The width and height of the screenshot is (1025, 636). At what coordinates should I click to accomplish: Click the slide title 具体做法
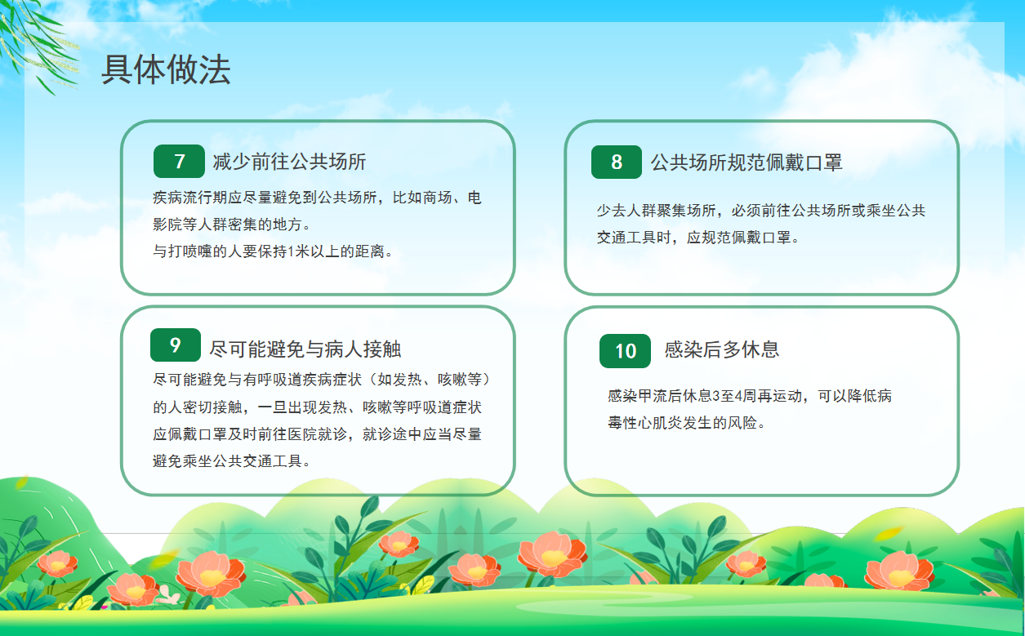pos(166,69)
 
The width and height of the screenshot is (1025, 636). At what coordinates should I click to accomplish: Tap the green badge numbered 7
pos(179,161)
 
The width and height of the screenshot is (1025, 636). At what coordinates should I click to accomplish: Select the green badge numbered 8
pos(617,162)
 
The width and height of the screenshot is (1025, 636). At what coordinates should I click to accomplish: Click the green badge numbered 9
pos(176,345)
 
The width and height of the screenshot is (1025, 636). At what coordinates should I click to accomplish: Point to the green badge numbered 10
pos(625,351)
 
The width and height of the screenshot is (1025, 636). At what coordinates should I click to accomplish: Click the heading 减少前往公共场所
pos(289,162)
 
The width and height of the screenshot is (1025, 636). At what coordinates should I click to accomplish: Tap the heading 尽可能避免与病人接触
pos(305,349)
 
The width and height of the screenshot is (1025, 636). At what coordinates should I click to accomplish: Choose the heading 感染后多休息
pos(722,349)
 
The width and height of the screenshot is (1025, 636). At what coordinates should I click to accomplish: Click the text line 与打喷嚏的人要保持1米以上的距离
pos(273,251)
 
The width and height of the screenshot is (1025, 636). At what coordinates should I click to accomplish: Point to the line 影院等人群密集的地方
pos(231,225)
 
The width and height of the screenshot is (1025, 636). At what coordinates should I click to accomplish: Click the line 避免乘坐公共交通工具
pos(231,461)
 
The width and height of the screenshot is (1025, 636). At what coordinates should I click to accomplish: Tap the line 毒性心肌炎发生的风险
pos(686,423)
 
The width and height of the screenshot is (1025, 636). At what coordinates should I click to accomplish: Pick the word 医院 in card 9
pos(302,434)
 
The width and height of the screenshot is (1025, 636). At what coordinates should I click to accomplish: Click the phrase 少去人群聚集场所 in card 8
pos(656,211)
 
